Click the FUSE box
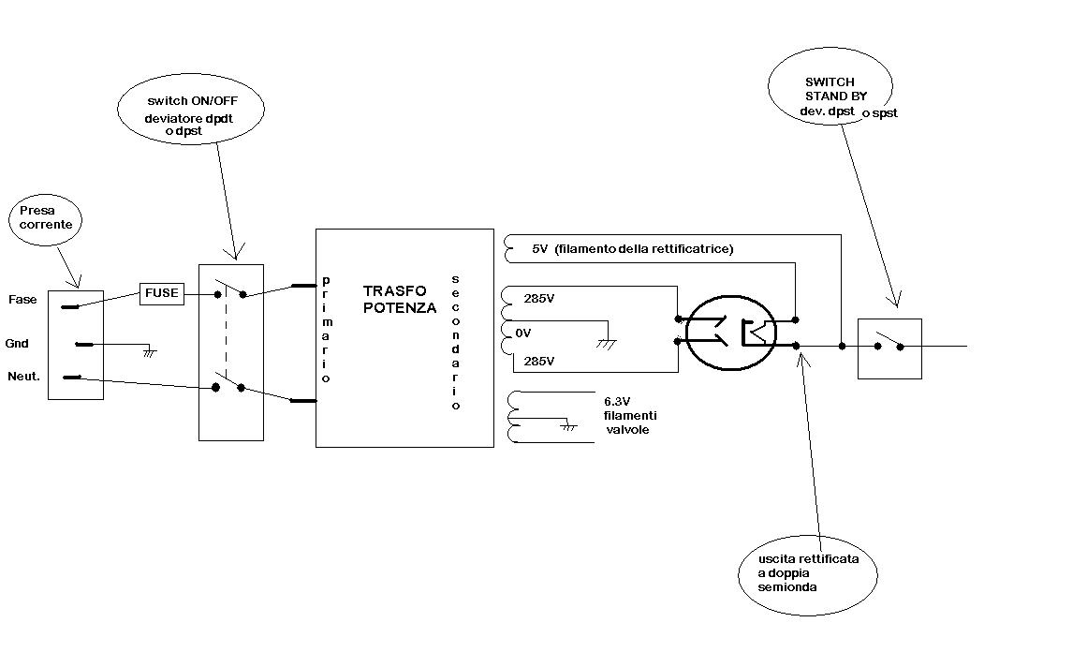[161, 293]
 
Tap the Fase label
[23, 300]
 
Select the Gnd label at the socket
[18, 344]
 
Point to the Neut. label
[23, 377]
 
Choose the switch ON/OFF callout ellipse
[190, 109]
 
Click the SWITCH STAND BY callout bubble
[830, 90]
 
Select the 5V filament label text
[632, 249]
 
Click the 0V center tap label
[522, 333]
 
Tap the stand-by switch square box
[889, 348]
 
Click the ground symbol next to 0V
[607, 344]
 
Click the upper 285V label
[539, 301]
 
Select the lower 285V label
[539, 362]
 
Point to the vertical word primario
[326, 329]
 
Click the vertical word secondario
[456, 342]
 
